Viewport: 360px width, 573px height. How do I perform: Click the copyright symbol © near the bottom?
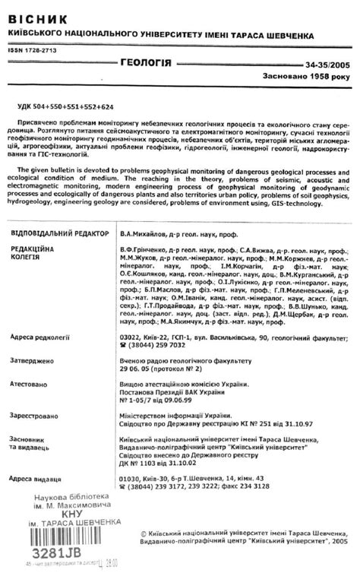click(x=145, y=535)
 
